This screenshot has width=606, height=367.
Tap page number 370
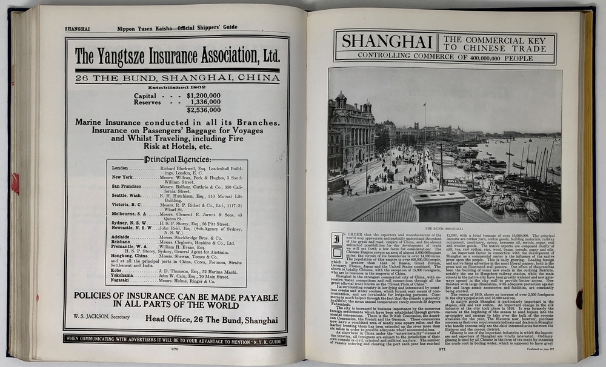point(175,349)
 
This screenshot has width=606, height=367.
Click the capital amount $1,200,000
point(204,95)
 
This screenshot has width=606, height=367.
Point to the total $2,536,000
point(204,110)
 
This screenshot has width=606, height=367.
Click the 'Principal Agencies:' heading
point(176,159)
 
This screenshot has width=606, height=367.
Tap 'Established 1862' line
point(176,87)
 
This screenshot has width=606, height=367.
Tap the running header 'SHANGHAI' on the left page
point(78,28)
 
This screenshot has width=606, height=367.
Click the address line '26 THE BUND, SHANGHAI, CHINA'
point(177,78)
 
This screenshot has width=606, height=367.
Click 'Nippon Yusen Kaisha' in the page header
point(145,27)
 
